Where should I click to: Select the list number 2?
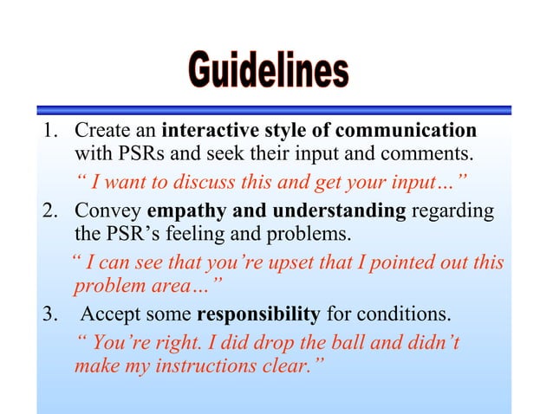[49, 212]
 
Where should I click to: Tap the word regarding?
[453, 212]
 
